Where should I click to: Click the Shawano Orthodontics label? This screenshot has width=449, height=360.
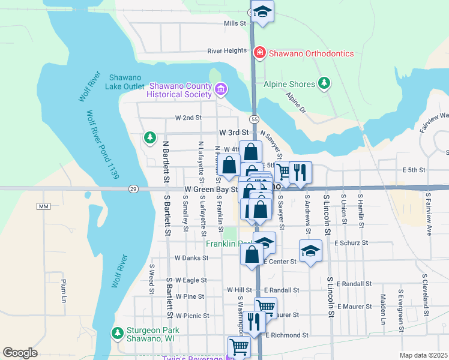pyautogui.click(x=310, y=53)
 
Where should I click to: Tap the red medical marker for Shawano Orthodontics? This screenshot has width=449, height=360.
pyautogui.click(x=259, y=53)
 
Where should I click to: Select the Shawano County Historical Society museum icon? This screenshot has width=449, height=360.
pyautogui.click(x=220, y=90)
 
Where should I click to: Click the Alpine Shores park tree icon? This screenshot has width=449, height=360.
pyautogui.click(x=325, y=83)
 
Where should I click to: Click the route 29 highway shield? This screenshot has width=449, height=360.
pyautogui.click(x=133, y=189)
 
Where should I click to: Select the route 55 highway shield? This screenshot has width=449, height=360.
pyautogui.click(x=255, y=119)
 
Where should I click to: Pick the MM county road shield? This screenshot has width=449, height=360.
pyautogui.click(x=42, y=206)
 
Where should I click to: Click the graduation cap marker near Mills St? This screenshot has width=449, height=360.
pyautogui.click(x=262, y=11)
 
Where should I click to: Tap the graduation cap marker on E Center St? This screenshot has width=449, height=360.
pyautogui.click(x=310, y=251)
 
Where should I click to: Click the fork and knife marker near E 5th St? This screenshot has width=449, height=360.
pyautogui.click(x=300, y=172)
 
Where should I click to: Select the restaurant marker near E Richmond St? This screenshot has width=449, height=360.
pyautogui.click(x=255, y=322)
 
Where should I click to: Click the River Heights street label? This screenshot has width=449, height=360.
pyautogui.click(x=228, y=51)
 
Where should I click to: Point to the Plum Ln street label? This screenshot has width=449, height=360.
pyautogui.click(x=64, y=290)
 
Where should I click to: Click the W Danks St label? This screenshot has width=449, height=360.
pyautogui.click(x=191, y=258)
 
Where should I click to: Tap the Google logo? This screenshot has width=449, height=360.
pyautogui.click(x=20, y=353)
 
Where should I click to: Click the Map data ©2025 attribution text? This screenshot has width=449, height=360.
pyautogui.click(x=424, y=355)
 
